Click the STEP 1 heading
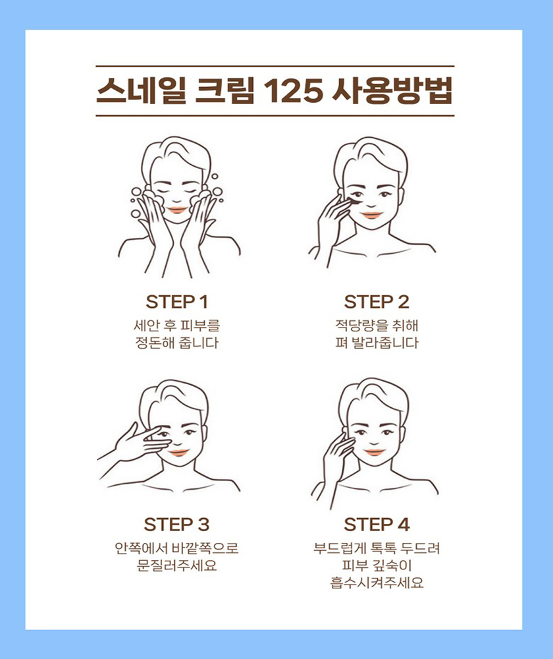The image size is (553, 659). click(x=176, y=302)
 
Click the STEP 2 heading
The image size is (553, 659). click(x=377, y=302)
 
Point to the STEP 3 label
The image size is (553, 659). click(x=176, y=525)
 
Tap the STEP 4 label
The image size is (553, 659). click(x=377, y=525)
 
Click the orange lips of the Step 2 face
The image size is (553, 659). click(x=372, y=215)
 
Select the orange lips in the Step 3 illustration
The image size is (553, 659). click(x=178, y=453)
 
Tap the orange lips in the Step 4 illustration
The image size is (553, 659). click(x=374, y=452)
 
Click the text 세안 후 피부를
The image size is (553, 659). click(x=176, y=325)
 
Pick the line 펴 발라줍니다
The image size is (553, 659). click(x=377, y=343)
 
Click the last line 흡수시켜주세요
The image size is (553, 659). click(x=377, y=583)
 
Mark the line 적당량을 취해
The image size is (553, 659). click(x=377, y=325)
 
